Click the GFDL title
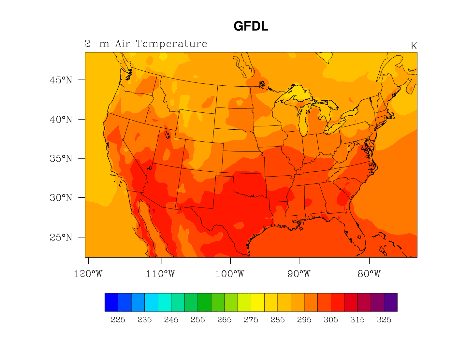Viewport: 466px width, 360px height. pos(251,26)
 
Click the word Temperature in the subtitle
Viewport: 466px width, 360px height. pos(171,44)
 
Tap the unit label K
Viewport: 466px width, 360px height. pos(414,46)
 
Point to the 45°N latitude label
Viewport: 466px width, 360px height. pos(61,80)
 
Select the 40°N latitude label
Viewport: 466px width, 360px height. pos(61,120)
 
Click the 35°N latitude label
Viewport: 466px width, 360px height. pos(61,159)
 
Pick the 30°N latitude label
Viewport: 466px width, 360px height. pos(61,198)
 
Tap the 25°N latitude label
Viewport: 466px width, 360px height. pos(61,238)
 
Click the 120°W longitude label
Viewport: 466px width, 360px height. pos(88,274)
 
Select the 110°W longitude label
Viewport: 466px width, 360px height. pos(160,274)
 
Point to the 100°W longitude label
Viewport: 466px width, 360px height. pos(230,274)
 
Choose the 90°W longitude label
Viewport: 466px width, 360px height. pos(299,274)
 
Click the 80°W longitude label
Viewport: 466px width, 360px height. pos(369,274)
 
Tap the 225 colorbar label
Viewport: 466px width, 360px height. pos(118,320)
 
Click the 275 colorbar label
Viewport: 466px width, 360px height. pos(251,320)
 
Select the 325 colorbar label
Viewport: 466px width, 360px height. pos(384,320)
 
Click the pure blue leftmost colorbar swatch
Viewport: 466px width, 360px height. pos(111,302)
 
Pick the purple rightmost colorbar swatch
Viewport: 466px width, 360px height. pos(390,302)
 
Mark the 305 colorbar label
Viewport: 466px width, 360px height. pos(331,320)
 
